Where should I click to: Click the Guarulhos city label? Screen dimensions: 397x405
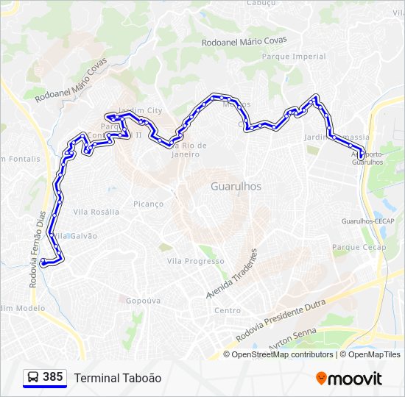click(x=236, y=187)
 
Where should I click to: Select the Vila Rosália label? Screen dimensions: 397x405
click(x=96, y=212)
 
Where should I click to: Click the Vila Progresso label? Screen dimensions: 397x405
click(x=195, y=261)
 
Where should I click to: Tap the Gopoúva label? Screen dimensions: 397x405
click(x=144, y=301)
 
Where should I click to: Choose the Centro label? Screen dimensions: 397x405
click(x=227, y=310)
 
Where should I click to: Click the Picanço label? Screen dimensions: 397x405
click(x=148, y=204)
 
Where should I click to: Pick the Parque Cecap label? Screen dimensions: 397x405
click(x=359, y=247)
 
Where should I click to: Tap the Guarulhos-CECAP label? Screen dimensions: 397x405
click(x=367, y=221)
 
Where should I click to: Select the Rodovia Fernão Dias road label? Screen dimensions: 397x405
click(x=36, y=236)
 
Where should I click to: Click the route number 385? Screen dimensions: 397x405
click(x=52, y=377)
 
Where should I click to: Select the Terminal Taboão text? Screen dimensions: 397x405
click(x=117, y=378)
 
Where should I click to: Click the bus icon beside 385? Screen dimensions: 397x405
click(x=33, y=377)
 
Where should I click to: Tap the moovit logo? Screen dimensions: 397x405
click(x=349, y=378)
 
